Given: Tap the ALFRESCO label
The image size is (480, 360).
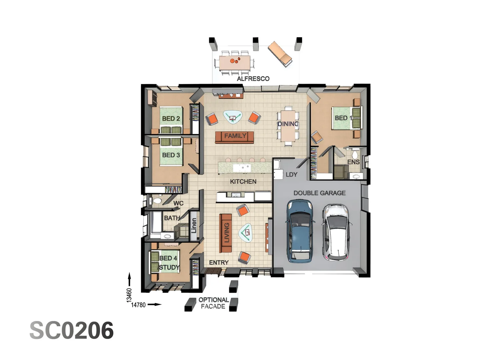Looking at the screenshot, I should (253, 79).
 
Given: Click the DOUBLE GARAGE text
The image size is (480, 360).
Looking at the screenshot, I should (319, 193).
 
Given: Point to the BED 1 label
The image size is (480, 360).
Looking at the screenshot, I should (343, 118).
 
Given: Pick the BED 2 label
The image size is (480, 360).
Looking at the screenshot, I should (171, 119).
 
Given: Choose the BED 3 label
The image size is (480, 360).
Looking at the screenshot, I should (171, 155).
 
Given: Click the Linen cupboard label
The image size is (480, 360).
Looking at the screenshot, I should (194, 226).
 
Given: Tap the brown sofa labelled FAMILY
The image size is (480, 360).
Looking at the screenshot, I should (235, 136).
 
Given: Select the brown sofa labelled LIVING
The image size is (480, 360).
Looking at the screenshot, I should (226, 233).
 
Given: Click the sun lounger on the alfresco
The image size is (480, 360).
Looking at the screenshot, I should (280, 53).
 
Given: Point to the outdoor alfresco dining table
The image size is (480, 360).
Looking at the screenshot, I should (234, 62).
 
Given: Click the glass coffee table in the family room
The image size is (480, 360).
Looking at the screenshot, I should (233, 117).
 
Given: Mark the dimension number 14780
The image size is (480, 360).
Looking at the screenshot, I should (138, 305).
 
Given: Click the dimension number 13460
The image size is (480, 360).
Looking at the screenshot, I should (129, 295).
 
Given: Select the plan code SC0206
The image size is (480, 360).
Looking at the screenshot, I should (72, 331).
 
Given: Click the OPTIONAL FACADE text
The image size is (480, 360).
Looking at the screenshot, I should (213, 303).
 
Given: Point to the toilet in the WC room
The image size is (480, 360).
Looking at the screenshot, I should (156, 201).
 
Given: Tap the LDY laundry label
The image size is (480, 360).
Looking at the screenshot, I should (291, 175).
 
